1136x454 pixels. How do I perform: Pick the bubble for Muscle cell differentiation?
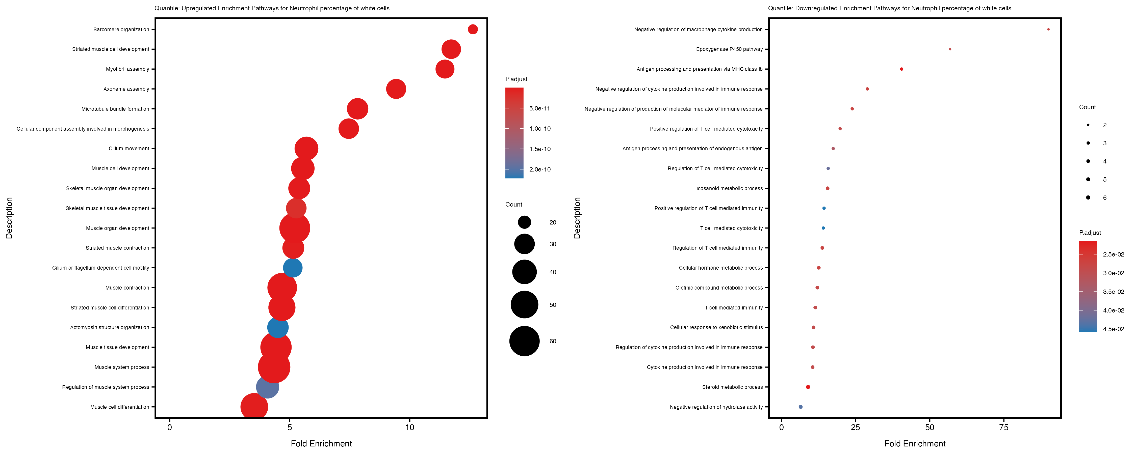click(254, 407)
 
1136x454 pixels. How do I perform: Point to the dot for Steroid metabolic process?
click(808, 387)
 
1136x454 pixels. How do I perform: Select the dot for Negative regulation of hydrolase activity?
click(801, 407)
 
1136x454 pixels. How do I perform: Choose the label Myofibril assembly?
click(127, 69)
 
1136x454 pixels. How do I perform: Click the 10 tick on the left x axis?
click(410, 427)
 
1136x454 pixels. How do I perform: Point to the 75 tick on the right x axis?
click(1004, 427)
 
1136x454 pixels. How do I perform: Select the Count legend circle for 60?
click(524, 341)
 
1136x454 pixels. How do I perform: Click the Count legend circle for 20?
click(524, 222)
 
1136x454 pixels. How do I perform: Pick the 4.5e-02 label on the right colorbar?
click(1114, 329)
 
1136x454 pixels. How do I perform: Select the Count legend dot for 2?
click(1088, 125)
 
